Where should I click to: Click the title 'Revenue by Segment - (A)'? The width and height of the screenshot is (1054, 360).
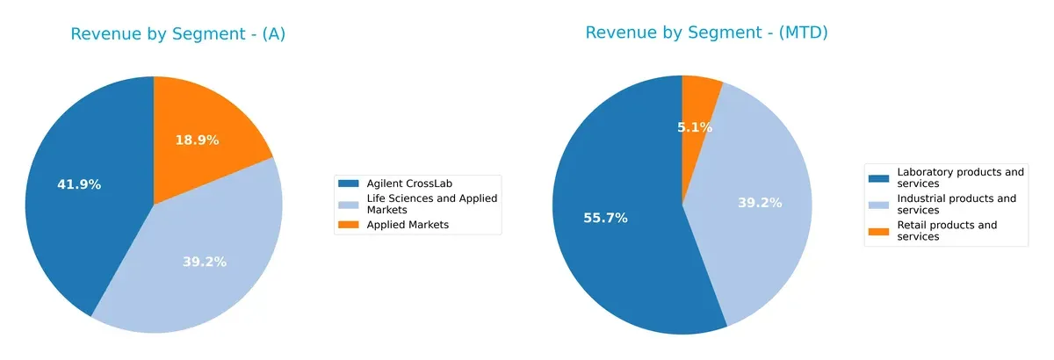pyautogui.click(x=178, y=34)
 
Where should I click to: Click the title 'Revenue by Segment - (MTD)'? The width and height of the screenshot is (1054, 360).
pyautogui.click(x=707, y=32)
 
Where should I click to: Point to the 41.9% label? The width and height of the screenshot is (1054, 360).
pyautogui.click(x=79, y=184)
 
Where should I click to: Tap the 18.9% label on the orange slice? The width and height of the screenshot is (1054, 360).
pyautogui.click(x=197, y=140)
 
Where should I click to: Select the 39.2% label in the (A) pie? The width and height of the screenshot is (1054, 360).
pyautogui.click(x=205, y=262)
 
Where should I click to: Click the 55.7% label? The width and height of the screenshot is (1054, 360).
pyautogui.click(x=605, y=218)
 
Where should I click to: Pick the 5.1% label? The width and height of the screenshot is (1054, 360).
pyautogui.click(x=695, y=127)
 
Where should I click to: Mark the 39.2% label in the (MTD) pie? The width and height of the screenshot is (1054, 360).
pyautogui.click(x=760, y=203)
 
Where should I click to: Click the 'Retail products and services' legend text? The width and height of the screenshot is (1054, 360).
pyautogui.click(x=948, y=231)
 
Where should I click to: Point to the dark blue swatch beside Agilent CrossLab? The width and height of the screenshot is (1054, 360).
pyautogui.click(x=349, y=183)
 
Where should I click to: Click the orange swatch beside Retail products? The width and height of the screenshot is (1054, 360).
pyautogui.click(x=878, y=231)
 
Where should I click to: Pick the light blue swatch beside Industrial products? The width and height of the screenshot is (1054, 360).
pyautogui.click(x=878, y=204)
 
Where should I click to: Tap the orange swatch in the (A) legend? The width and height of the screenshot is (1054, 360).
pyautogui.click(x=349, y=225)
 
